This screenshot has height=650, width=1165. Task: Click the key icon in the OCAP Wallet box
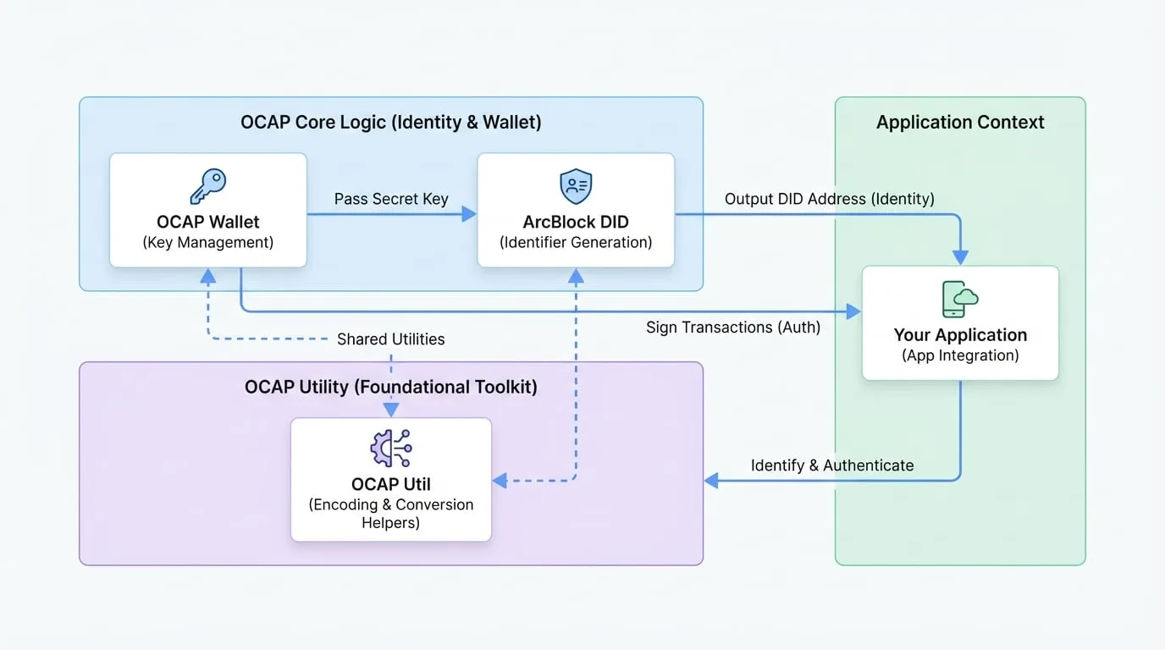point(208,185)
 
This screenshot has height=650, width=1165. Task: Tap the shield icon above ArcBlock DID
point(576,185)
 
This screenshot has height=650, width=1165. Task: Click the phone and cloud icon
point(960,299)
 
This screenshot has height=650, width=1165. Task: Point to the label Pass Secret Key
point(391,199)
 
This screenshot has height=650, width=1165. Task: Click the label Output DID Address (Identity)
point(830,199)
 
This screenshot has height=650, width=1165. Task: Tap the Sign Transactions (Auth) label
point(733,327)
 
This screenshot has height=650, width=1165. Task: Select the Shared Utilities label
point(390,339)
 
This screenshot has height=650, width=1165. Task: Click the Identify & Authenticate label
point(832,465)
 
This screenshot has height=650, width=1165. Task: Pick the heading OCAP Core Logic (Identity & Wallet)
point(391,122)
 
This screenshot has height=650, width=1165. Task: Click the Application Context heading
point(960,122)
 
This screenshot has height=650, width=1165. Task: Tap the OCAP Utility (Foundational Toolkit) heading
point(391,387)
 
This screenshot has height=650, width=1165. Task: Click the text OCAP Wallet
point(208,222)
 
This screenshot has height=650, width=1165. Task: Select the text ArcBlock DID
point(576,222)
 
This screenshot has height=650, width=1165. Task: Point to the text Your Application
point(960,335)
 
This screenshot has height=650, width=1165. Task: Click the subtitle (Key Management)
point(208,242)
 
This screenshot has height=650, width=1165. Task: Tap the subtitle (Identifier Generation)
point(576,242)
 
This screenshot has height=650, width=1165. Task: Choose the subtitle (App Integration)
point(960,355)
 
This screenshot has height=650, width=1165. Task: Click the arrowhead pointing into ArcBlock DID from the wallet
point(469,214)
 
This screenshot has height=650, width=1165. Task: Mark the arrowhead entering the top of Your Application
point(960,257)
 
